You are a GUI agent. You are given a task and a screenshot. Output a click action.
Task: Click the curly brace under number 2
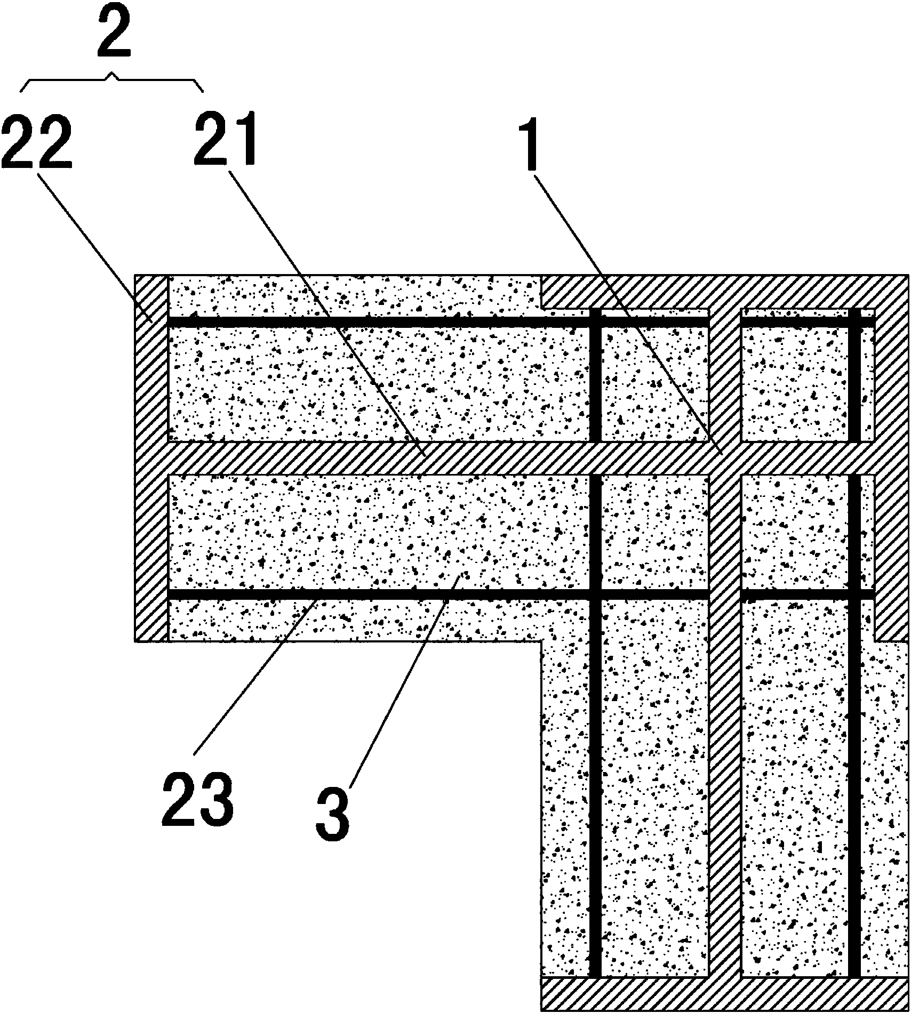tap(112, 84)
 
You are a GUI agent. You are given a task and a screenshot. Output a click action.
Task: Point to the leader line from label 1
tap(629, 315)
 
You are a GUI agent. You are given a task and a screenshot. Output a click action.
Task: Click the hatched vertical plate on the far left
tap(151, 458)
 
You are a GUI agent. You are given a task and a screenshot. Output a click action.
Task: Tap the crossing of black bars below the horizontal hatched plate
tap(596, 594)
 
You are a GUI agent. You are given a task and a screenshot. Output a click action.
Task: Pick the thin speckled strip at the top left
tap(355, 296)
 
